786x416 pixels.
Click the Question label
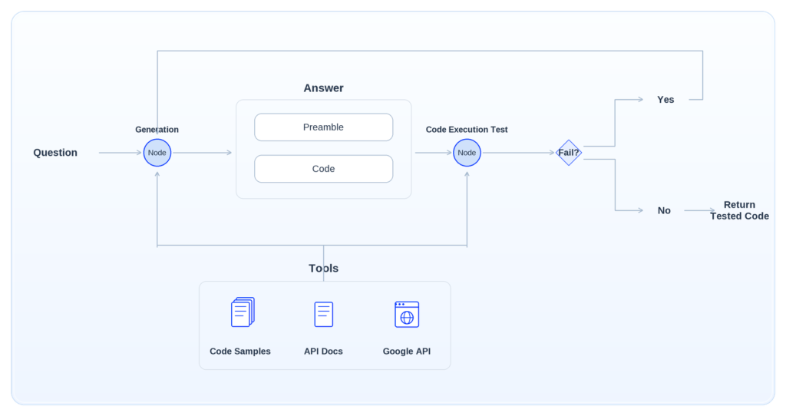[x=55, y=153]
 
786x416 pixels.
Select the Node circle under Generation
[x=157, y=153]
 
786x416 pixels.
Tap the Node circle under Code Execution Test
[x=467, y=153]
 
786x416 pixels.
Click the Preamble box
[x=324, y=127]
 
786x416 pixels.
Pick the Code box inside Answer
[x=324, y=169]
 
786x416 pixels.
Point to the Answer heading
[x=323, y=88]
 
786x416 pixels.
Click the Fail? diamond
[x=569, y=153]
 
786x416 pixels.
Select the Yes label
[x=665, y=100]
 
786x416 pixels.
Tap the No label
[x=664, y=210]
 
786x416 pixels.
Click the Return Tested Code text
[x=739, y=210]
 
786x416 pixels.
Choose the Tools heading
[x=323, y=268]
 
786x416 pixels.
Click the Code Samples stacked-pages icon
[x=243, y=312]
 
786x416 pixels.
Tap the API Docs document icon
[x=324, y=314]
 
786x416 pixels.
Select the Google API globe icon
[x=407, y=314]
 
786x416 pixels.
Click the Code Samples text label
[x=240, y=352]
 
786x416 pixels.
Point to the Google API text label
[x=407, y=352]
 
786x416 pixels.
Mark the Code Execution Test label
[x=467, y=129]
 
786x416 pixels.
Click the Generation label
[x=157, y=129]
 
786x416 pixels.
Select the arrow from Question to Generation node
[x=121, y=153]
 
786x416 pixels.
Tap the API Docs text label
[x=323, y=352]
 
